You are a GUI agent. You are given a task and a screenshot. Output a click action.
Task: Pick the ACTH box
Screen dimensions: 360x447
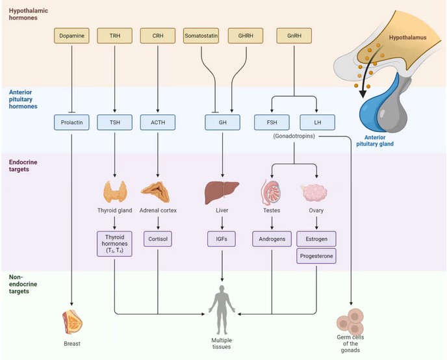pos(158,122)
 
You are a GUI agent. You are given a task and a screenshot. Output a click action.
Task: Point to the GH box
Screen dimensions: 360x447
pos(222,122)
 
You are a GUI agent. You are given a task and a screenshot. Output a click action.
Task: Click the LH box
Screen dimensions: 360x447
pos(317,122)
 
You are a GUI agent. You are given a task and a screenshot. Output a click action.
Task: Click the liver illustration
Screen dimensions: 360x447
pos(222,192)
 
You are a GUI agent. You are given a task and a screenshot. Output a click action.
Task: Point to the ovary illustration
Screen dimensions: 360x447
pos(317,192)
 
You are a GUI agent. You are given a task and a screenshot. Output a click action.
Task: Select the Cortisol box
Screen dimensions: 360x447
pos(158,238)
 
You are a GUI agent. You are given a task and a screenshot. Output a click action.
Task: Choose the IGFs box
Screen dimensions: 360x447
pos(222,238)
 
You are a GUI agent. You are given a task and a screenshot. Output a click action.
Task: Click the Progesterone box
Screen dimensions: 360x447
pos(317,256)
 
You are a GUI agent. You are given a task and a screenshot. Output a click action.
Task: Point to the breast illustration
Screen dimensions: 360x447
pos(71,320)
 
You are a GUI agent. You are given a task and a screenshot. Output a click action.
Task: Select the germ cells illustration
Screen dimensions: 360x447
pos(351,320)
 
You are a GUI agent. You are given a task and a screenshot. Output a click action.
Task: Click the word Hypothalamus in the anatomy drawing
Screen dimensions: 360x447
pos(407,38)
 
